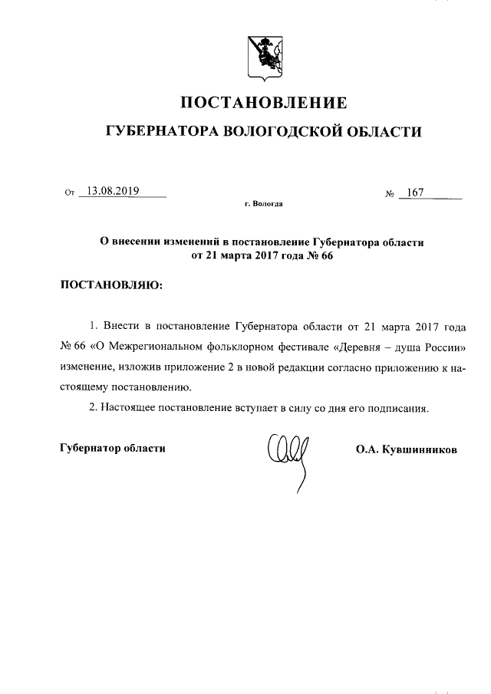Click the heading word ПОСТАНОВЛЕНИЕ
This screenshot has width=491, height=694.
pos(264,103)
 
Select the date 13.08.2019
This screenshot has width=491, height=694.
pos(113,192)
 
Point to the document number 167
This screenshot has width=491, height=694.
pos(417,192)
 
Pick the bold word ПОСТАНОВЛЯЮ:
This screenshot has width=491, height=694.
pos(110,286)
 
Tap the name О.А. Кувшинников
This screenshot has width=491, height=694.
pos(406,449)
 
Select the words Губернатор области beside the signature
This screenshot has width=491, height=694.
pos(113,447)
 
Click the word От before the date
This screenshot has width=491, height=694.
pos(70,193)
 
